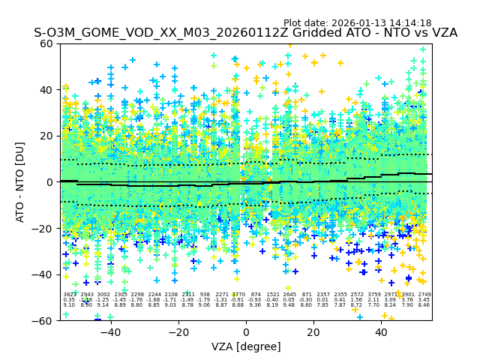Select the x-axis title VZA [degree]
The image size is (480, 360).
[x=246, y=346]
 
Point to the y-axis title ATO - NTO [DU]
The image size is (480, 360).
[x=20, y=182]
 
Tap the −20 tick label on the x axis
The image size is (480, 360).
[x=177, y=331]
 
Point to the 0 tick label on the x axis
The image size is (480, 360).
[x=246, y=331]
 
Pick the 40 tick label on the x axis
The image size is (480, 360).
[x=382, y=331]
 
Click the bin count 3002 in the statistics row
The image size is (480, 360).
[x=103, y=295]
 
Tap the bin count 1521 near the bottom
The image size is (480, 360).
[x=272, y=295]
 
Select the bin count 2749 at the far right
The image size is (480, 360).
[x=424, y=295]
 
